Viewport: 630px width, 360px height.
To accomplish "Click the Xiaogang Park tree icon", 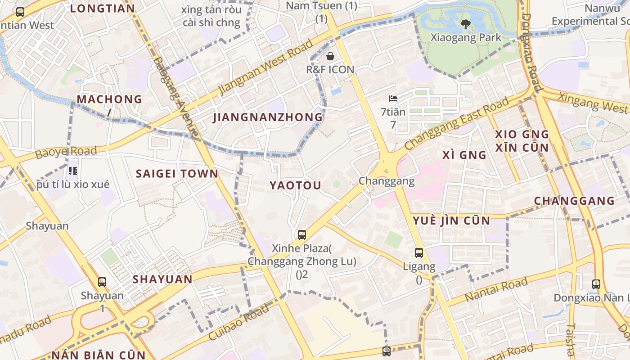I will point(465,24).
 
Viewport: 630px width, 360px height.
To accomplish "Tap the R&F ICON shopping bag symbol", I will point(330,56).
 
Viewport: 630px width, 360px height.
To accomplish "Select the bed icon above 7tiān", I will point(393,99).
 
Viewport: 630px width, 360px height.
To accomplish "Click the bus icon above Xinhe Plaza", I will point(301,234).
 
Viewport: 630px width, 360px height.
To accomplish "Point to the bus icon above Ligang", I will point(419,253).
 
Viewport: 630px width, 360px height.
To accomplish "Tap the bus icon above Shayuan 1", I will point(102,282).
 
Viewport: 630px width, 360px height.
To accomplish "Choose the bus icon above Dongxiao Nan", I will point(596,284).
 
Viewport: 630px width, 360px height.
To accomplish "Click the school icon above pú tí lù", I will point(73,171).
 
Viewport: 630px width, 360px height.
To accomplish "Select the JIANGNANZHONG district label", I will point(268,117).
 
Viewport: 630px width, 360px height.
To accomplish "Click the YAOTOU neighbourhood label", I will point(295,185).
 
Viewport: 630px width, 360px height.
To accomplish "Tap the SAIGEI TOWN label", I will point(177,174).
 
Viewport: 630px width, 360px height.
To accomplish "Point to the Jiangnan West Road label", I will point(266,67).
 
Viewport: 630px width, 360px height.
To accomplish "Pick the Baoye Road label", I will point(66,152).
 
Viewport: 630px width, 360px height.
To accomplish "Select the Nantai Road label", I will point(496,290).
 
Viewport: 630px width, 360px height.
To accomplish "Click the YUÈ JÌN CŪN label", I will point(451,220).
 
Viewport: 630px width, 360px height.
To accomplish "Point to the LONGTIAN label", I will point(102,9).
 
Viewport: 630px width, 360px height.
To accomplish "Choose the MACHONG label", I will point(109,99).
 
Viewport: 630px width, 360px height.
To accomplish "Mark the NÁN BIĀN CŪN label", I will point(99,355).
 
